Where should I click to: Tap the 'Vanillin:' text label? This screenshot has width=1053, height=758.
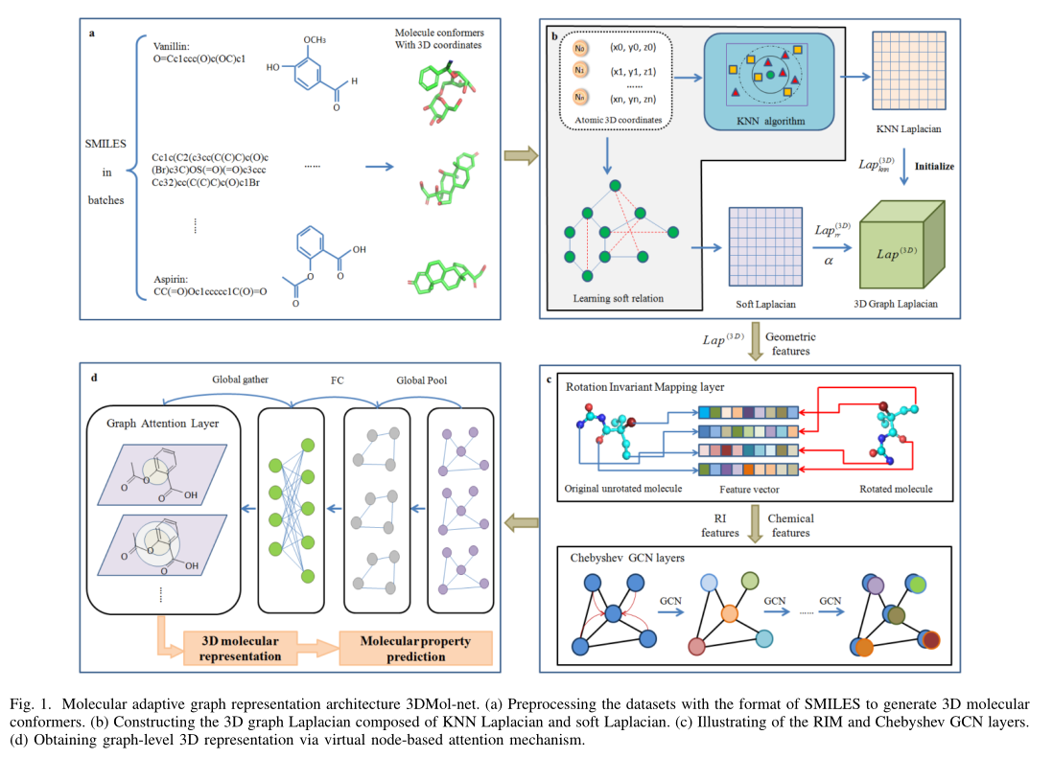click(x=175, y=44)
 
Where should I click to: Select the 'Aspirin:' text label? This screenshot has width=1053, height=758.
click(x=173, y=278)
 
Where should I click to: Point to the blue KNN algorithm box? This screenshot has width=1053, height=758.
click(x=769, y=80)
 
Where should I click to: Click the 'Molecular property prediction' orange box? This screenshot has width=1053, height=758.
click(x=416, y=649)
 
